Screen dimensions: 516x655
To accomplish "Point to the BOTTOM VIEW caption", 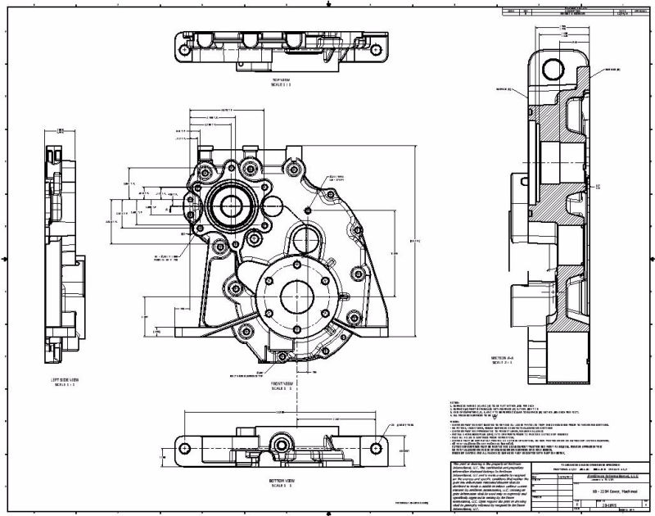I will click(280, 484).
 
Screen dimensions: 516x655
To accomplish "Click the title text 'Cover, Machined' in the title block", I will click(614, 490).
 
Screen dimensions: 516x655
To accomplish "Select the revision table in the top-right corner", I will click(576, 12).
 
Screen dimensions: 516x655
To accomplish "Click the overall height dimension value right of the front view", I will click(414, 240).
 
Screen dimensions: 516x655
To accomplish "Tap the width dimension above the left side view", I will click(61, 129).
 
